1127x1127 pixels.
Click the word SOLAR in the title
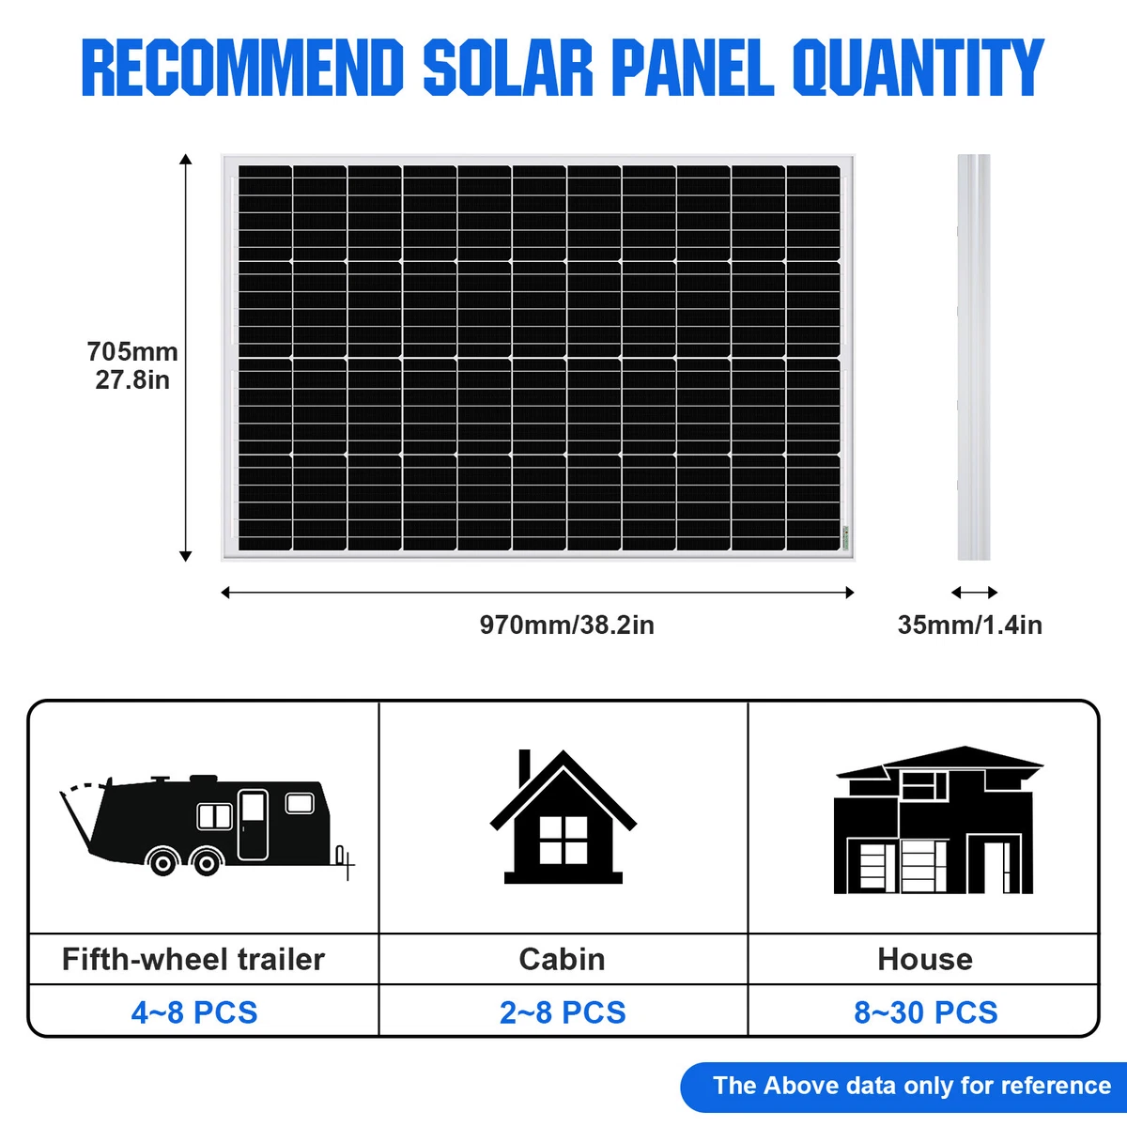pyautogui.click(x=507, y=68)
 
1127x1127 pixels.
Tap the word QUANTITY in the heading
pyautogui.click(x=918, y=68)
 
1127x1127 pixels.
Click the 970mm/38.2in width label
pyautogui.click(x=566, y=625)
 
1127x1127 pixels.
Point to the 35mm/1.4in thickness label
pyautogui.click(x=969, y=625)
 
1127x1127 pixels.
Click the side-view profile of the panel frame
pyautogui.click(x=974, y=357)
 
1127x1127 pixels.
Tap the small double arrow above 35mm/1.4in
pyautogui.click(x=974, y=593)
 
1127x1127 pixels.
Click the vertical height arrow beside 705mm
pyautogui.click(x=186, y=357)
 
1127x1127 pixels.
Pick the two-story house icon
pyautogui.click(x=937, y=822)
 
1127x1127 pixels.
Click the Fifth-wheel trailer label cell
pyautogui.click(x=193, y=959)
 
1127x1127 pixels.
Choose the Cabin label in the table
pyautogui.click(x=562, y=959)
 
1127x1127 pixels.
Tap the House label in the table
pyautogui.click(x=925, y=959)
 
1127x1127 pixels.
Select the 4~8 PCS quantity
pyautogui.click(x=194, y=1012)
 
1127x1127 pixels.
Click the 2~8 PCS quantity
pyautogui.click(x=563, y=1012)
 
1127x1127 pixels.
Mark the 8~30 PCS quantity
pyautogui.click(x=926, y=1012)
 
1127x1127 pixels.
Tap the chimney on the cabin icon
pyautogui.click(x=525, y=765)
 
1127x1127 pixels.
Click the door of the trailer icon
pyautogui.click(x=253, y=825)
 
